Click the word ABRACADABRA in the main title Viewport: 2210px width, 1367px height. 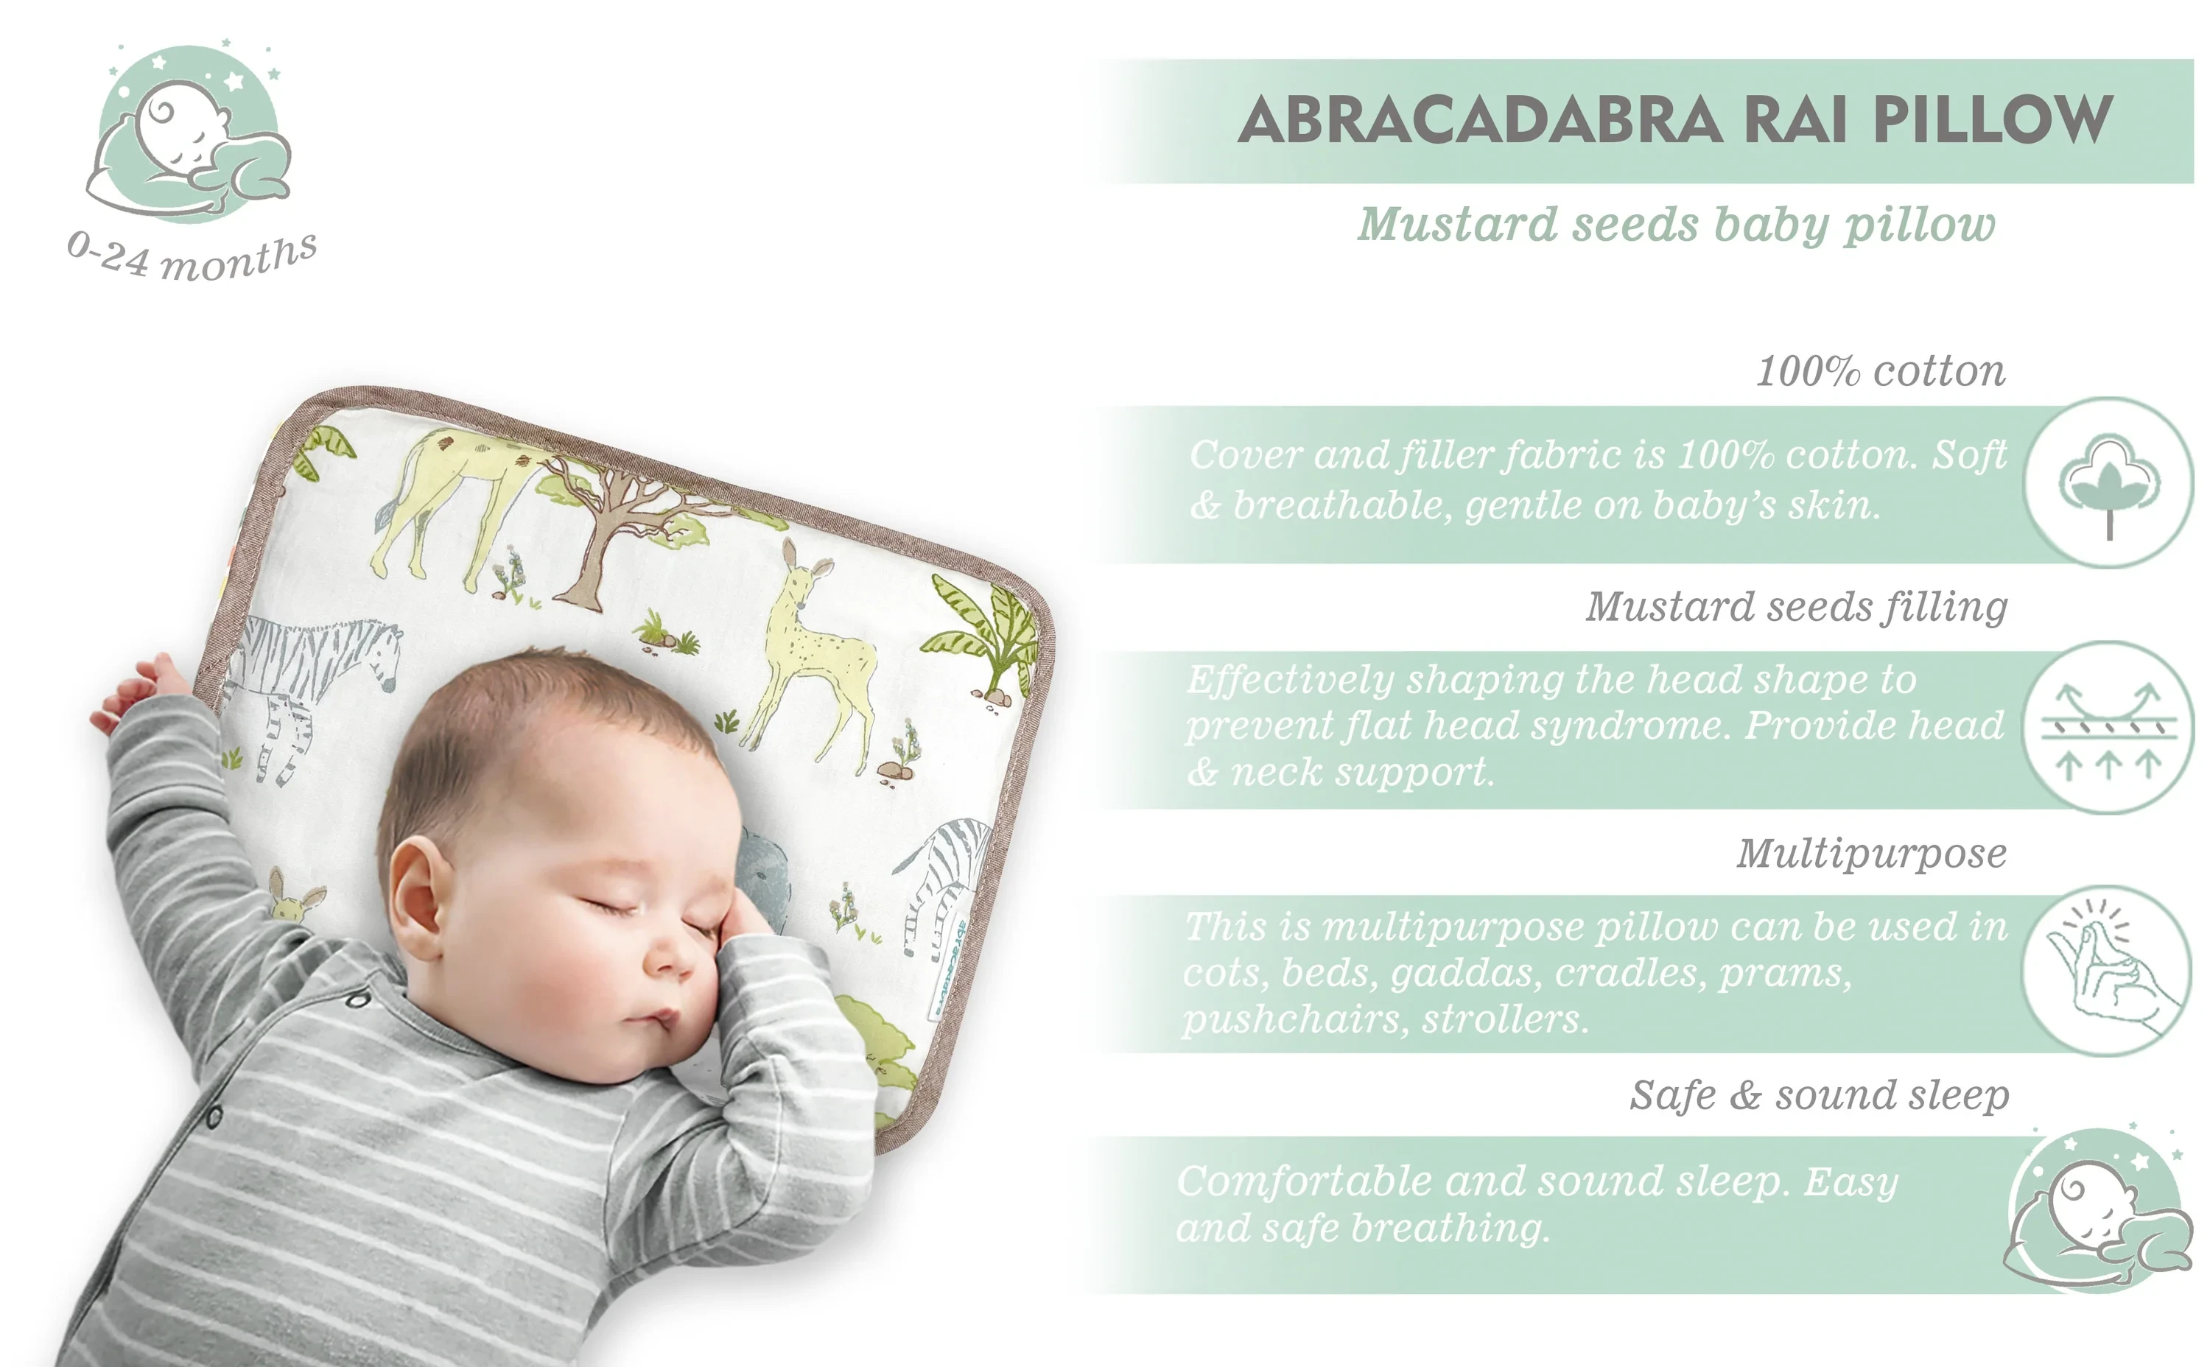(x=1480, y=119)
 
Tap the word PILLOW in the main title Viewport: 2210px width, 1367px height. (x=1993, y=119)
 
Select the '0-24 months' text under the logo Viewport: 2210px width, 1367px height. (x=192, y=256)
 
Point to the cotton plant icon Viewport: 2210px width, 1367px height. (x=2109, y=485)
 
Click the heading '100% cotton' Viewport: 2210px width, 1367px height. (x=1881, y=370)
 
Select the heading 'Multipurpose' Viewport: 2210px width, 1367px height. (x=1872, y=854)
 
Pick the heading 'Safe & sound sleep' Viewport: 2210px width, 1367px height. (x=1820, y=1095)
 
